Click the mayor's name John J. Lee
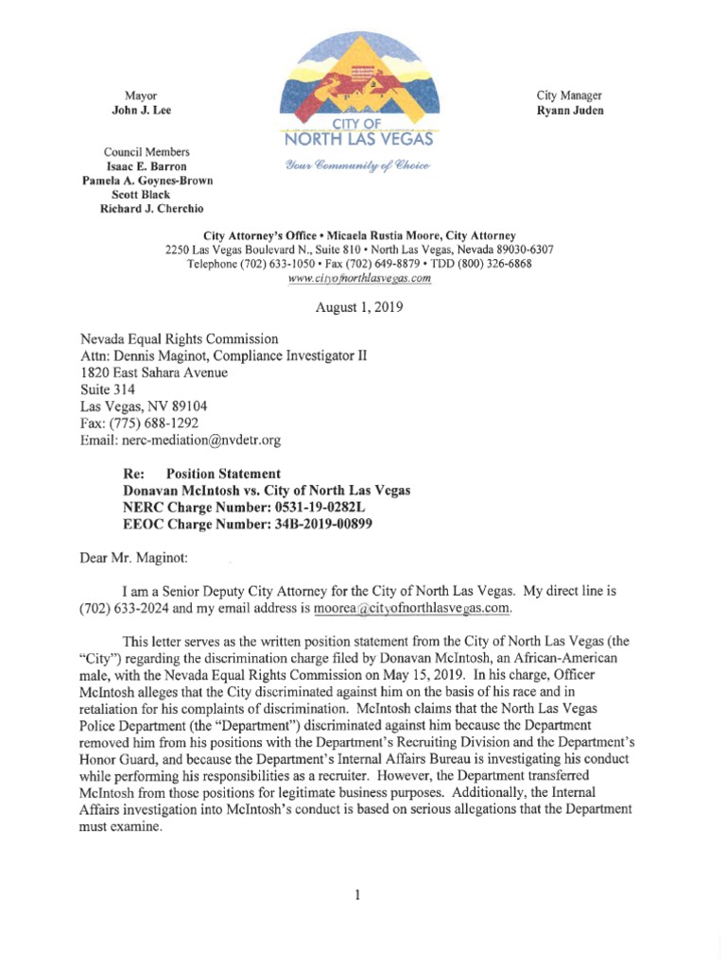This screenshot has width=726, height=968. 142,111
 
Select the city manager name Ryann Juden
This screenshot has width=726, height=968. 570,111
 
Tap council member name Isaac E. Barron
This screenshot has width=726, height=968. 147,166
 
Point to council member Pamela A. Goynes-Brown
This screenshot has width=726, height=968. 147,181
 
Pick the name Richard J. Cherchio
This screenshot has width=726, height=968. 151,209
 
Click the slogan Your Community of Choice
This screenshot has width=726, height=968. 354,165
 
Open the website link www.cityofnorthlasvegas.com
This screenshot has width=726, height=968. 359,278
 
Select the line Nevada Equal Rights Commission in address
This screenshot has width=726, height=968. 180,338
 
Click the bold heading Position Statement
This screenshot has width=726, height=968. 223,474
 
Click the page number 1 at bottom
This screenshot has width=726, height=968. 358,895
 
